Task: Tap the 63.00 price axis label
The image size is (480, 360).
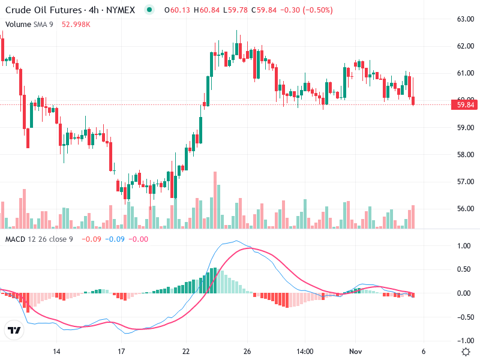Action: click(465, 19)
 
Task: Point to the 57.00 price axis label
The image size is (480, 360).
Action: click(465, 182)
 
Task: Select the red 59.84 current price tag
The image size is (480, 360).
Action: click(466, 105)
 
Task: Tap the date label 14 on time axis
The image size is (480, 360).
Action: click(57, 352)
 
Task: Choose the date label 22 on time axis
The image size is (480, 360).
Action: click(186, 352)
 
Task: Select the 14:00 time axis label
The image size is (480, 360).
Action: click(305, 352)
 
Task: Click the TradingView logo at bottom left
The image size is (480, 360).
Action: click(14, 331)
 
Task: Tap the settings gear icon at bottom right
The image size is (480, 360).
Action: click(466, 352)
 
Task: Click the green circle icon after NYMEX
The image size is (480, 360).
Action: click(149, 10)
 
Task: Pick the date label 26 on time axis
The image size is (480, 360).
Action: click(246, 352)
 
